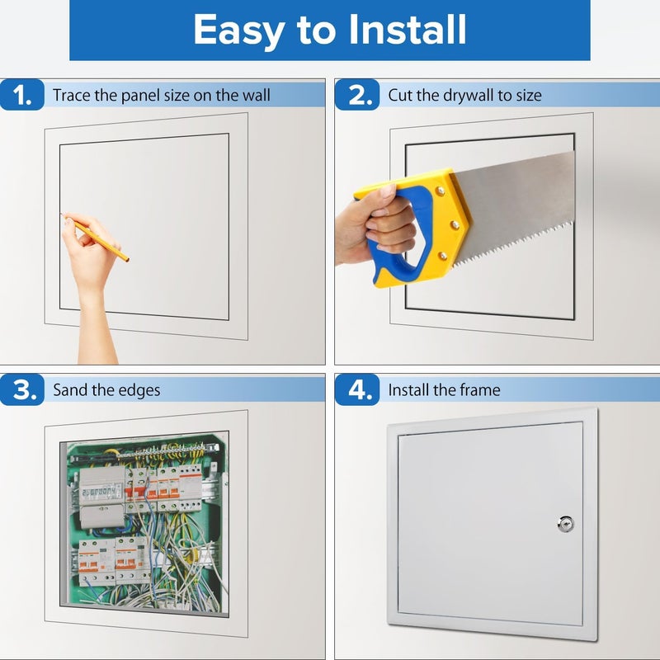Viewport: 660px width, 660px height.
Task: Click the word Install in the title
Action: [407, 31]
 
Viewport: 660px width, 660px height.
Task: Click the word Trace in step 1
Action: [72, 96]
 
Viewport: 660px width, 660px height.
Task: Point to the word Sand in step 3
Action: [70, 389]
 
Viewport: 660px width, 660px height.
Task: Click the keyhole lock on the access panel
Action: [565, 523]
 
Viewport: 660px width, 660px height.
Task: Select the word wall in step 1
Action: [256, 96]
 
